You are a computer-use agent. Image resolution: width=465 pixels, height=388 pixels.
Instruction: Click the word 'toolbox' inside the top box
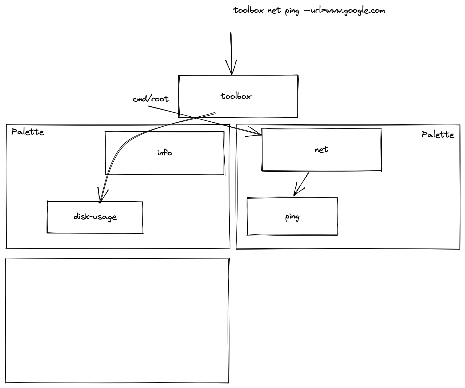(x=236, y=96)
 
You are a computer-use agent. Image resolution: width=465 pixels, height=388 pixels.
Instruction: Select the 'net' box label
(x=321, y=150)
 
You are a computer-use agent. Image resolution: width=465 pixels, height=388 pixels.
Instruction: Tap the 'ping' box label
(x=292, y=217)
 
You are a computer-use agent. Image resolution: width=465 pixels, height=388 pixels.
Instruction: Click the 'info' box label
(x=165, y=153)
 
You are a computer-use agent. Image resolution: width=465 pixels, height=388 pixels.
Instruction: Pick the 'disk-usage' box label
(x=95, y=217)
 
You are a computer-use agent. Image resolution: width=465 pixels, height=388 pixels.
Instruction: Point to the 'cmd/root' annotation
(x=150, y=99)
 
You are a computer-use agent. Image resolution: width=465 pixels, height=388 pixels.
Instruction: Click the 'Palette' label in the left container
(x=28, y=132)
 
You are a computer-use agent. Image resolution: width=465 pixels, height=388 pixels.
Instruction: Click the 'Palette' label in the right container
(x=438, y=135)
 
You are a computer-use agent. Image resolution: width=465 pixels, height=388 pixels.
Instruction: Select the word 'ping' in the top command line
(x=292, y=11)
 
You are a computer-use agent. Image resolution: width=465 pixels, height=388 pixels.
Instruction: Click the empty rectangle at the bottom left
(x=117, y=321)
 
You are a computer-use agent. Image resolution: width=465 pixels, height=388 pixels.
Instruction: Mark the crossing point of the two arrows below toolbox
(x=195, y=118)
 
